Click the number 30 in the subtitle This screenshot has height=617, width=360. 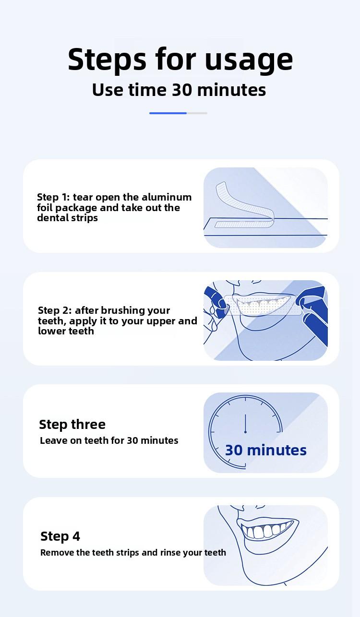(x=182, y=90)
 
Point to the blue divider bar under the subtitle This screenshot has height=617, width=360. (x=168, y=113)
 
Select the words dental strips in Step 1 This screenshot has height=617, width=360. (x=67, y=218)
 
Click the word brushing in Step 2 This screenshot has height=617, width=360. (x=122, y=311)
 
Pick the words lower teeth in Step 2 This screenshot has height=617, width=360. (x=66, y=331)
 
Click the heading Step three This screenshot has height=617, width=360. (x=72, y=425)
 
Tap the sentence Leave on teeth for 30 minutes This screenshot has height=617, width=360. (x=109, y=440)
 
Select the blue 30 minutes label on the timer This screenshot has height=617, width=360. (x=266, y=451)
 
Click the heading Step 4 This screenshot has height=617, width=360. (x=60, y=536)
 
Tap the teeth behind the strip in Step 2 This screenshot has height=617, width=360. (x=262, y=304)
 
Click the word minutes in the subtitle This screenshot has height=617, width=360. (x=231, y=90)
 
